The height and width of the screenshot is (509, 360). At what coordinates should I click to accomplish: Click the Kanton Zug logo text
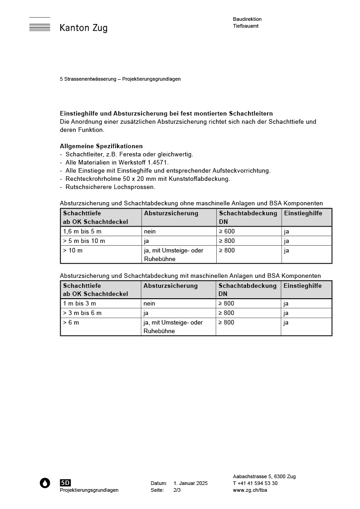point(83,28)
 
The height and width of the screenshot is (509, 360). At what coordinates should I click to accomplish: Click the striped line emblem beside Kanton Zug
point(39,25)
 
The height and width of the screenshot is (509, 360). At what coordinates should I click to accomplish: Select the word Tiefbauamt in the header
point(246,26)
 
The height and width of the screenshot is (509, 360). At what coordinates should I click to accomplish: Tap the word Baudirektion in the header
point(247,19)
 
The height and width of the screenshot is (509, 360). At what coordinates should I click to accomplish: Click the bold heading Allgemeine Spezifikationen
point(101,146)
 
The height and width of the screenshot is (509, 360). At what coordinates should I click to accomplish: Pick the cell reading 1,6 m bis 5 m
point(82,231)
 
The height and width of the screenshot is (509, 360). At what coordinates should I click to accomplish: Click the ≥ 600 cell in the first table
point(227,231)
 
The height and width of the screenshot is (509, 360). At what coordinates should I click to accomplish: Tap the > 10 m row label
point(73,250)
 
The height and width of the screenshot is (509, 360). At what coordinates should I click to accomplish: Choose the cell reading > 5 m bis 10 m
point(84,241)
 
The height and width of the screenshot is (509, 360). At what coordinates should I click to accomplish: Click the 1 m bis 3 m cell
point(79,303)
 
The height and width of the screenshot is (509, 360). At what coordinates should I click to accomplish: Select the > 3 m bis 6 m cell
point(82,313)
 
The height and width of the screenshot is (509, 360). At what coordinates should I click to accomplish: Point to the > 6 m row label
point(71,322)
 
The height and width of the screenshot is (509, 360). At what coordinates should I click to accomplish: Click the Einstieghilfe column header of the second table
point(302,286)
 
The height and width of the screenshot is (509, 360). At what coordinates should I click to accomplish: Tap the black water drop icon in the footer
point(45,483)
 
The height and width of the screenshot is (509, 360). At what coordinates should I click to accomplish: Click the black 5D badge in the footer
point(65,483)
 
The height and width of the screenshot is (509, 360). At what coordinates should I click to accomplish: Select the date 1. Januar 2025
point(190,483)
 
